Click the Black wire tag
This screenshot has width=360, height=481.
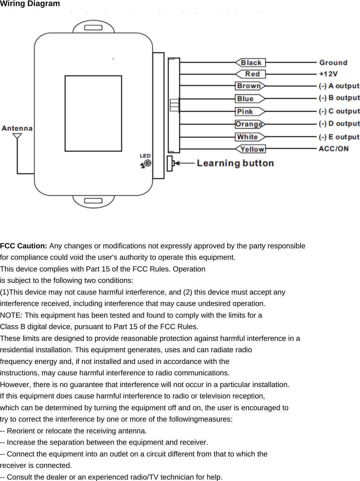click(251, 63)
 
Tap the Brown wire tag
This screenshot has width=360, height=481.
click(249, 86)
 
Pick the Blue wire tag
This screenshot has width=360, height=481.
click(249, 99)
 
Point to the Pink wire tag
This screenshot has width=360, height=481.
click(249, 111)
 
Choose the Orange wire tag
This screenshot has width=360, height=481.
click(249, 124)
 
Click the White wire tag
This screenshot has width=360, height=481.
click(249, 137)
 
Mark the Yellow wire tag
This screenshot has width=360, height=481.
click(252, 149)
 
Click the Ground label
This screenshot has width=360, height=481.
click(333, 63)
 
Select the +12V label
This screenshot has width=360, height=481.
click(328, 74)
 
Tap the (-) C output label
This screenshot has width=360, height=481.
click(339, 111)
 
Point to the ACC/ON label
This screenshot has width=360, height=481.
click(333, 149)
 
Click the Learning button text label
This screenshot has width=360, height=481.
click(235, 163)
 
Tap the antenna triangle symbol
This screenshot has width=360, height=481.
click(17, 136)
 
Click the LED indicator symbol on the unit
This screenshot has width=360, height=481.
click(147, 163)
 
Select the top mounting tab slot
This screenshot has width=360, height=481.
click(93, 27)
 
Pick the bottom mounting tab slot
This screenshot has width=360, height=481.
click(93, 201)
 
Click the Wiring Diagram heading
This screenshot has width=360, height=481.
click(30, 4)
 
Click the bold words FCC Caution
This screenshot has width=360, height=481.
click(23, 246)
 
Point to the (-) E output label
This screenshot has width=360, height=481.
click(339, 137)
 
